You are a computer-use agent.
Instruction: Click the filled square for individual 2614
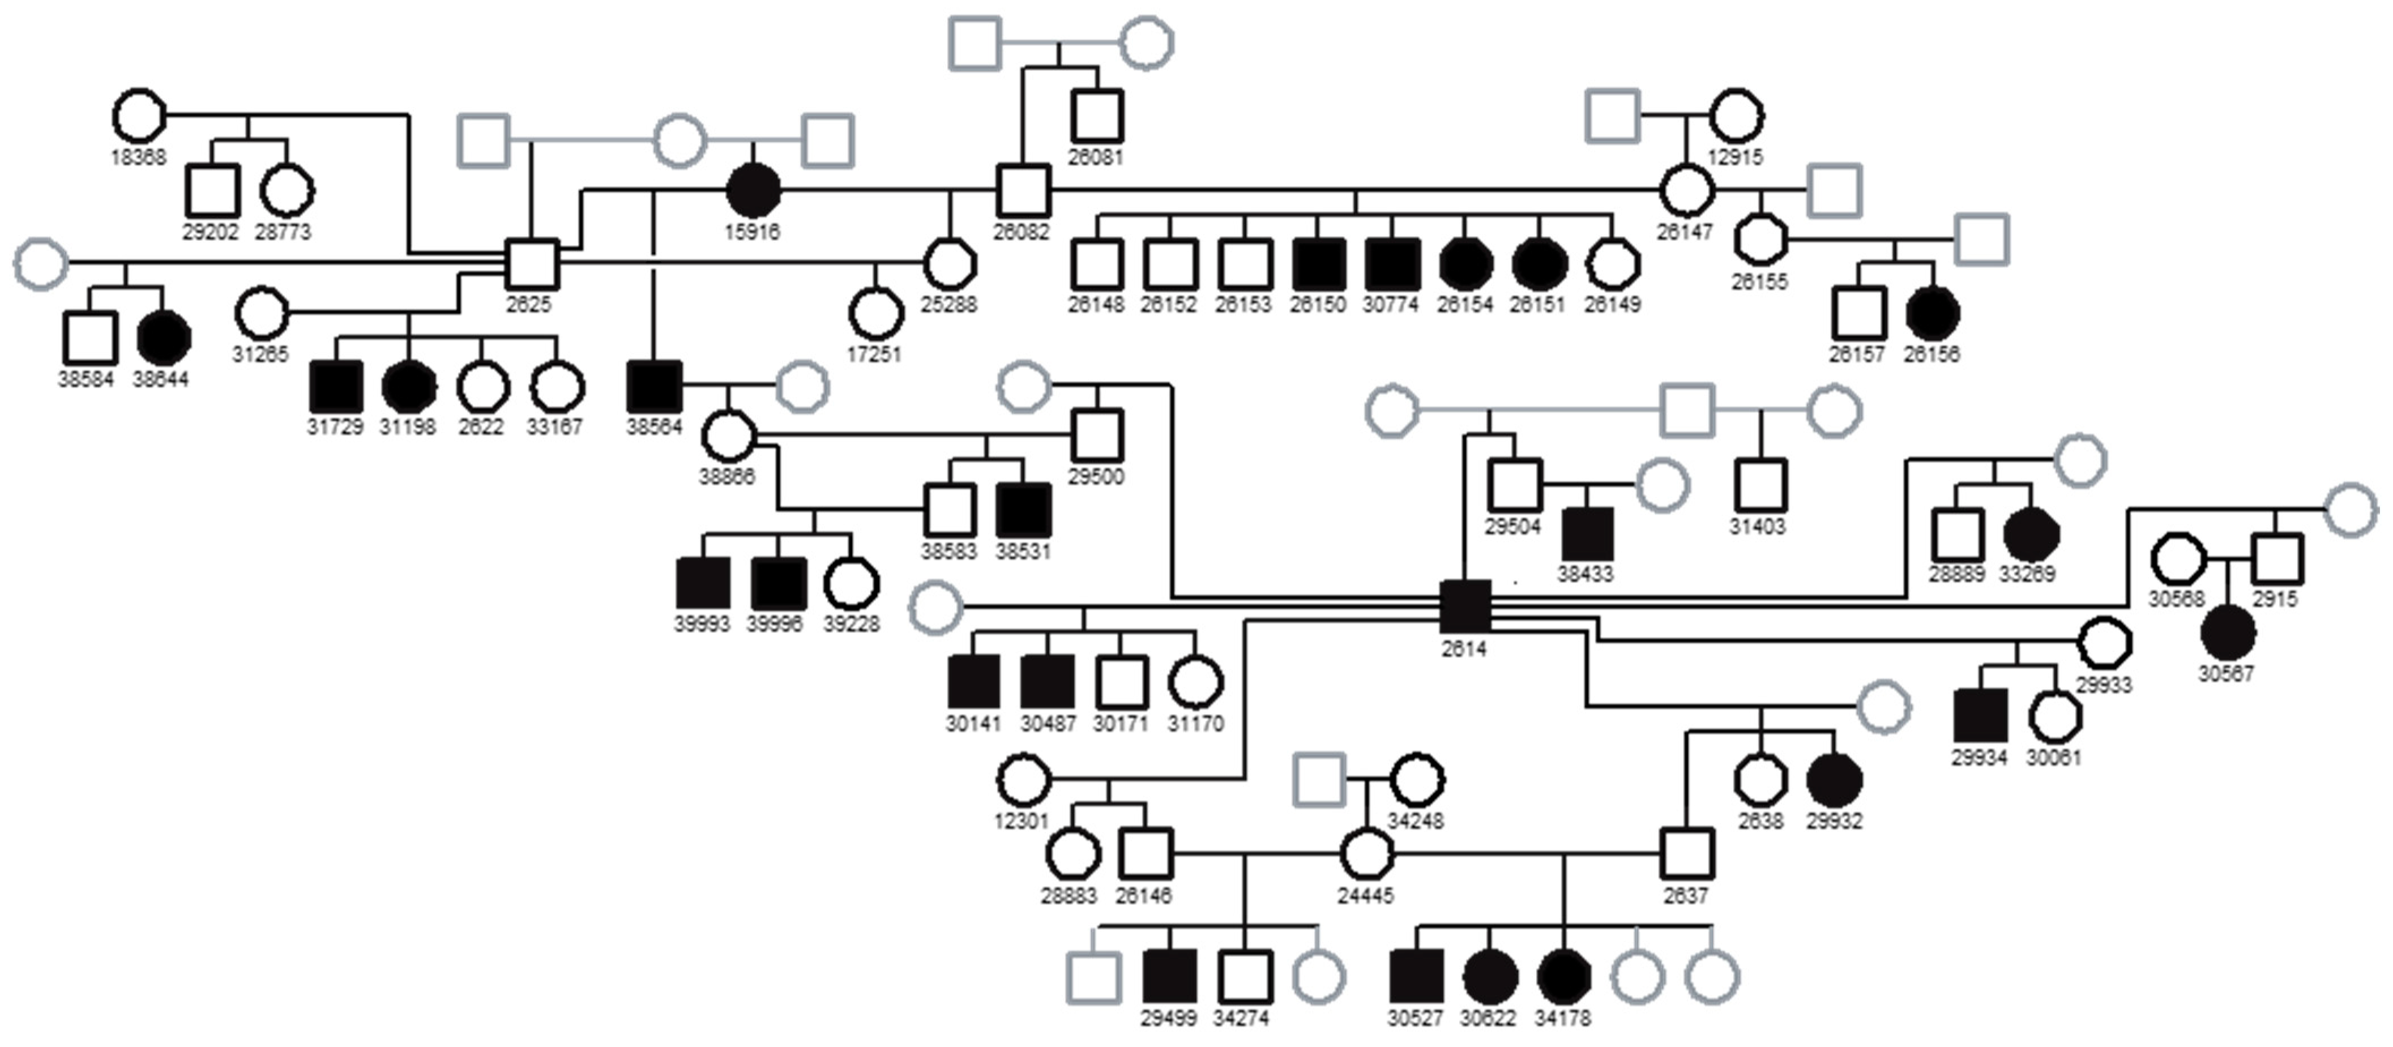click(1465, 606)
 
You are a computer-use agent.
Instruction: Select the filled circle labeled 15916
click(753, 190)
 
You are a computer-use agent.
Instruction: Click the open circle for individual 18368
click(138, 116)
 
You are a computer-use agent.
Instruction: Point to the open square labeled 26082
click(1023, 190)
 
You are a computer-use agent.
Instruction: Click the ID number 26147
click(1684, 232)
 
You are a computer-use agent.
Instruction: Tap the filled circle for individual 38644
click(164, 338)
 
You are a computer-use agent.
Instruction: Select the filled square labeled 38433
click(1587, 534)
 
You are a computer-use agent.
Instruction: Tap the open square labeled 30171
click(1121, 681)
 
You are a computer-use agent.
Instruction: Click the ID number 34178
click(1562, 1018)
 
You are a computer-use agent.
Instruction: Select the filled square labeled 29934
click(1980, 715)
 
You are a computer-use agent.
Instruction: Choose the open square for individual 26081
click(1097, 116)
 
